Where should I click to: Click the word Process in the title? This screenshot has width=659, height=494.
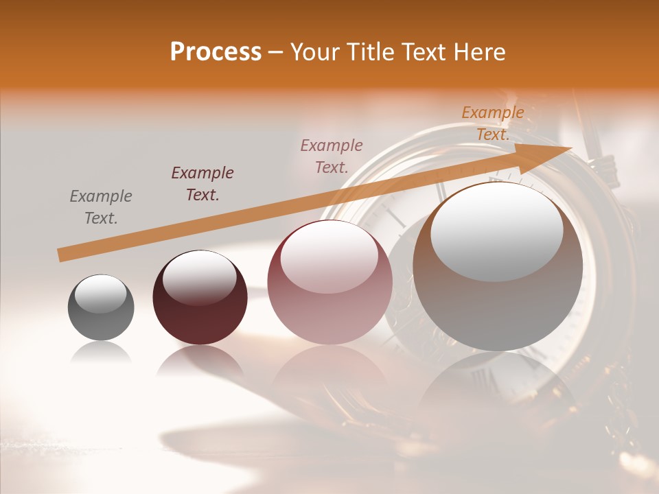tap(216, 52)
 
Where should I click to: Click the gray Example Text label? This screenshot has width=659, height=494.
tap(101, 207)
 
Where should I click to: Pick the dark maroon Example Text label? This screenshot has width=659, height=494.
tap(203, 183)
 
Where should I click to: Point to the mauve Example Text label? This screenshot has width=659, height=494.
tap(332, 156)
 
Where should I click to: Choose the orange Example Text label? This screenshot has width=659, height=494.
tap(493, 123)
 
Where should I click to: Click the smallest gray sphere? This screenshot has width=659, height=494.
tap(101, 316)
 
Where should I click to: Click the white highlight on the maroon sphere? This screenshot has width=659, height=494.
tap(199, 277)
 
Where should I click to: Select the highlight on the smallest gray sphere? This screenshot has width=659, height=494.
tap(100, 293)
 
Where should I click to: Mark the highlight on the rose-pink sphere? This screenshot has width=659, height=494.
tap(329, 255)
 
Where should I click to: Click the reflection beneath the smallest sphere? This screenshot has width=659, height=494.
tap(101, 353)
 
